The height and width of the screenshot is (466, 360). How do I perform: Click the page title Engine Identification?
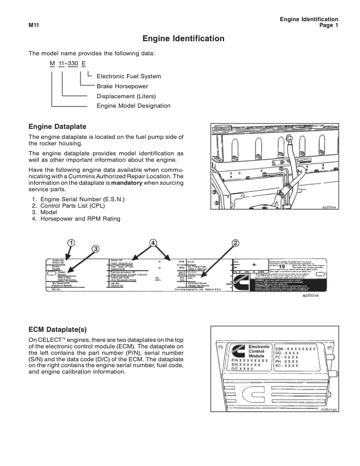[x=183, y=39]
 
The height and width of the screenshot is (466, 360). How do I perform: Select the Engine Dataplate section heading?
[x=58, y=127]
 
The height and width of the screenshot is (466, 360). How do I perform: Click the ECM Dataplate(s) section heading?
[x=62, y=329]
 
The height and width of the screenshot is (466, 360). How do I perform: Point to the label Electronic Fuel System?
[x=128, y=76]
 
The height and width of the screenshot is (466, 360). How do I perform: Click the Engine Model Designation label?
[x=133, y=106]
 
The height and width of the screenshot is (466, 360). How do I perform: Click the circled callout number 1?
[x=71, y=242]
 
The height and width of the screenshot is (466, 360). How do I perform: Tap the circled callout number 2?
[x=235, y=242]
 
